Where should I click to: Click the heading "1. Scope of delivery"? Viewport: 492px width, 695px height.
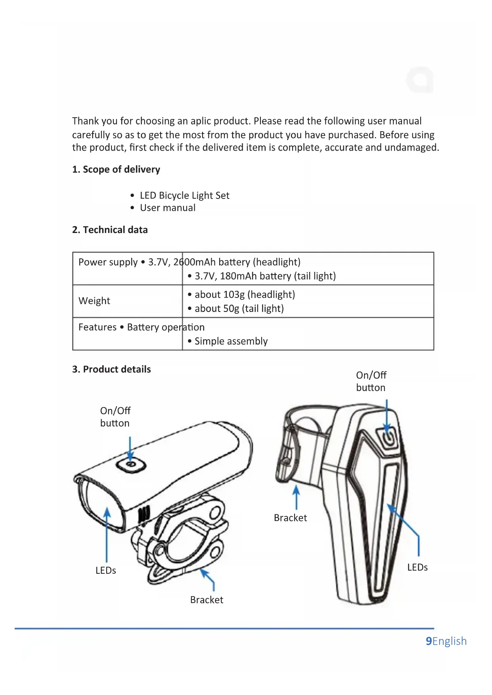coord(116,170)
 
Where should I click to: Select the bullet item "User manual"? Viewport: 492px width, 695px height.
coord(167,208)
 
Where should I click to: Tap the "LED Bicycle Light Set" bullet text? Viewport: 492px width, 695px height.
coord(184,196)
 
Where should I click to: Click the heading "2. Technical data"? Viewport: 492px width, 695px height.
coord(110,230)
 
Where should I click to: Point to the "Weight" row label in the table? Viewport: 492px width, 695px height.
coord(94,301)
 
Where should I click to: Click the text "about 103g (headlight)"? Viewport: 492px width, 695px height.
coord(245,295)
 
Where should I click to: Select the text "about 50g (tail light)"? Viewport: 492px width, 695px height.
coord(239,309)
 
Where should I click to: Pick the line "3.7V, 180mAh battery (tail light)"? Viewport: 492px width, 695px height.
coord(265,276)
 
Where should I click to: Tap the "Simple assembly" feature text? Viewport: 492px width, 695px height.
coord(231,341)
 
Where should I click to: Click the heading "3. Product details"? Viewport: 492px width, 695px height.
coord(111,369)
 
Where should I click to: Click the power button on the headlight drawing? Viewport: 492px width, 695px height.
coord(131,465)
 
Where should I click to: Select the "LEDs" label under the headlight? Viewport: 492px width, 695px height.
coord(106,571)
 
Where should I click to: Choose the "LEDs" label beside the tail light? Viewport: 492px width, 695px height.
coord(417,567)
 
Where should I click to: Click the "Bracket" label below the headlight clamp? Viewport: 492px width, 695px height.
coord(207,600)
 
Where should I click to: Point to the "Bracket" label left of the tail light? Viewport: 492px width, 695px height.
coord(290,518)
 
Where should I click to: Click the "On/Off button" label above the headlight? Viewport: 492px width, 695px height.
coord(115,417)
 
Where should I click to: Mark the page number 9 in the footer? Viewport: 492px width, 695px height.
coord(429,641)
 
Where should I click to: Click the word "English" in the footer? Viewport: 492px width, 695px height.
coord(450,641)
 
